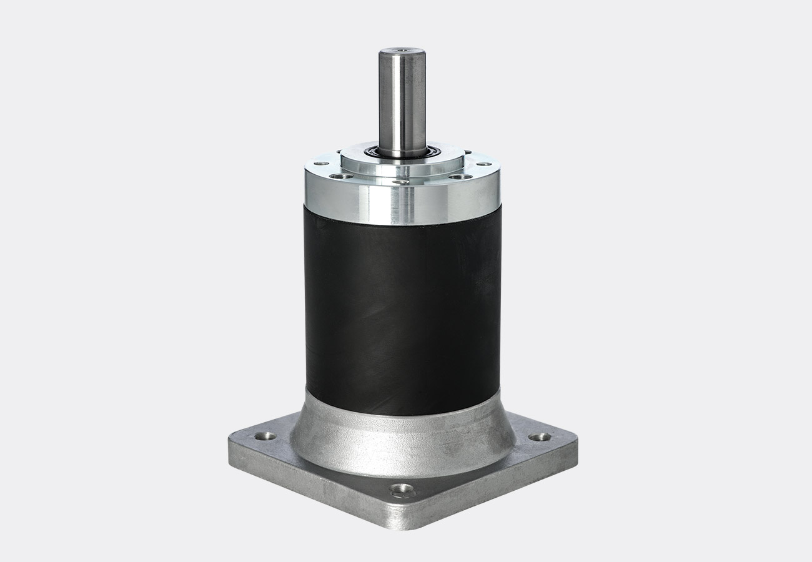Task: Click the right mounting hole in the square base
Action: pyautogui.click(x=537, y=437)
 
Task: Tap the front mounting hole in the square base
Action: pyautogui.click(x=402, y=488)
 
